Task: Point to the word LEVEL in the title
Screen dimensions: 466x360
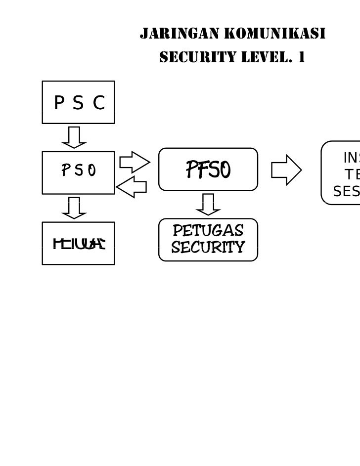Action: click(x=264, y=58)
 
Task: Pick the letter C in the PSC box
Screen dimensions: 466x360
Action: click(x=99, y=103)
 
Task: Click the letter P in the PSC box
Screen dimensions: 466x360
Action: click(x=59, y=103)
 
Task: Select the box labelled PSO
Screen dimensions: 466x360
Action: click(x=78, y=172)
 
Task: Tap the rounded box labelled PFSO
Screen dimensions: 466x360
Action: click(x=208, y=169)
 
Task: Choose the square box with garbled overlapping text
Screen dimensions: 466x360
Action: click(x=78, y=243)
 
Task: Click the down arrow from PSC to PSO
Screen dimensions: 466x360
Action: click(x=74, y=137)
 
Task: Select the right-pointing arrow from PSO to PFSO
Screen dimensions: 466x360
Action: click(x=134, y=162)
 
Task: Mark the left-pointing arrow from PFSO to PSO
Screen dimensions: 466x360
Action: click(x=132, y=187)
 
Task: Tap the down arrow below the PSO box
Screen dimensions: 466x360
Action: click(x=74, y=208)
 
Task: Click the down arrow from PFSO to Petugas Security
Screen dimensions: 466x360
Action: click(x=208, y=204)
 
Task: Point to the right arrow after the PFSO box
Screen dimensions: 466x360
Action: click(x=286, y=170)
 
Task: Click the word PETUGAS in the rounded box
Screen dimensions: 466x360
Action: click(x=208, y=231)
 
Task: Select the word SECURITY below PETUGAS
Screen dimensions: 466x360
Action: click(x=208, y=247)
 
